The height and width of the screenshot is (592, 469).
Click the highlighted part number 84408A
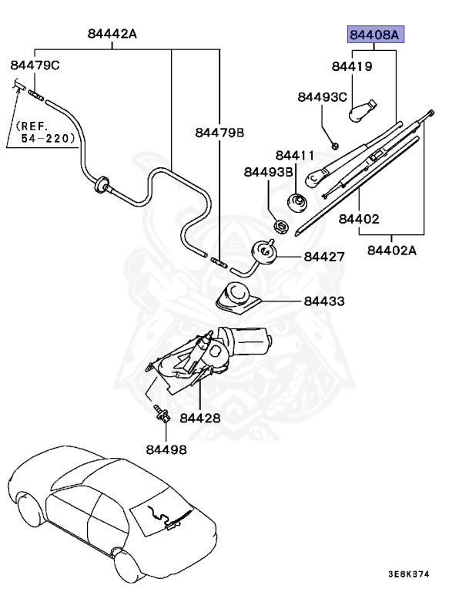375,35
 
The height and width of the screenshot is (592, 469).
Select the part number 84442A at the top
112,34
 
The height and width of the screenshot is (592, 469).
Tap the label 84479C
35,66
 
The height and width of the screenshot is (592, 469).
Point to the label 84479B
219,133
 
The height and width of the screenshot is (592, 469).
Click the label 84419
352,66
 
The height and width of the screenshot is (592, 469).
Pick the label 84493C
322,97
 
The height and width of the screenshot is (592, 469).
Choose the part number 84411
295,155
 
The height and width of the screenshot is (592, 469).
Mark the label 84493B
269,172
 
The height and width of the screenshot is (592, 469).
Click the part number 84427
324,257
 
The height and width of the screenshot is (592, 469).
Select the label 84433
324,301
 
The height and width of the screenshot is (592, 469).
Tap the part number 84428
200,418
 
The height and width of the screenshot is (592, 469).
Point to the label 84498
166,449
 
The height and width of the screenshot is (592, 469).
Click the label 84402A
392,251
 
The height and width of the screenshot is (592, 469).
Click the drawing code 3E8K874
409,574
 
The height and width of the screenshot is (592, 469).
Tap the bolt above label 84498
162,413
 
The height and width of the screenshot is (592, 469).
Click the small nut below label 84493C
335,146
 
